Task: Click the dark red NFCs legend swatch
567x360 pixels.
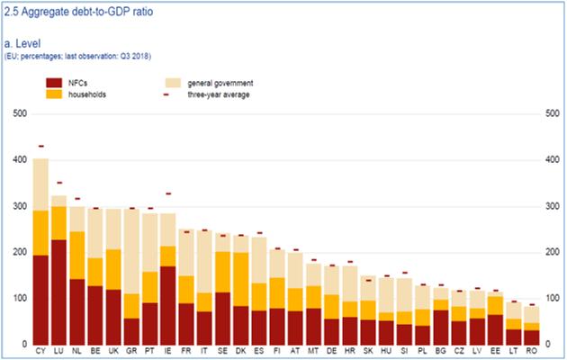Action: (x=56, y=82)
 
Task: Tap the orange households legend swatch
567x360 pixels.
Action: (x=56, y=94)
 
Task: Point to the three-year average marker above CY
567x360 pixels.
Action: (x=40, y=146)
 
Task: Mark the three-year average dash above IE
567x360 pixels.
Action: (x=167, y=193)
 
